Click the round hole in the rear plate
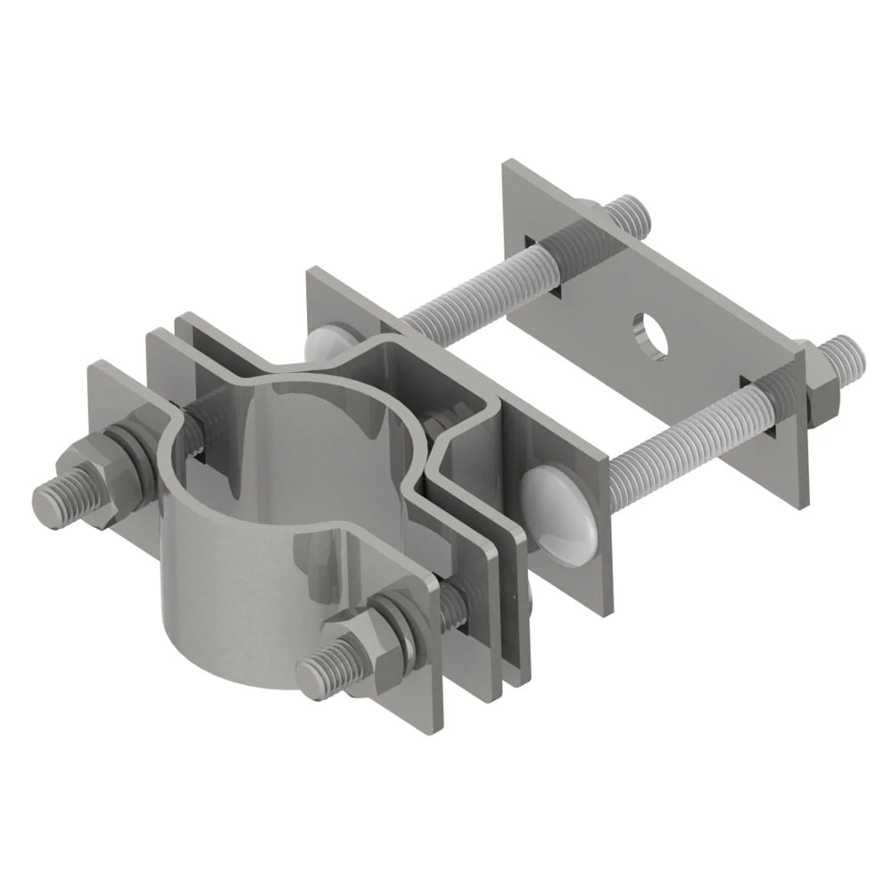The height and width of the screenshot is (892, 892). click(x=650, y=334)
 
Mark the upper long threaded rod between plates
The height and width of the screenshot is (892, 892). click(x=464, y=290)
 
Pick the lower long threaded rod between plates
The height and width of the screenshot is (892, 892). click(x=678, y=437)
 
